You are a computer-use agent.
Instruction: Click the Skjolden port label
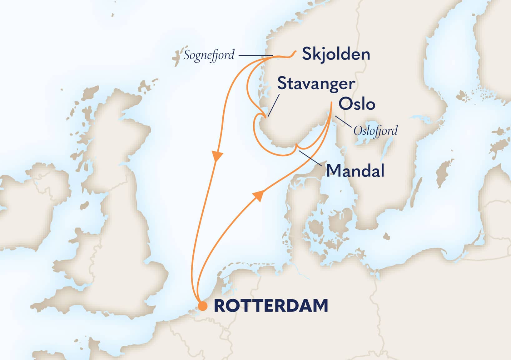[x=336, y=55]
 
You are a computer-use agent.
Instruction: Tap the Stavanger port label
[x=316, y=84]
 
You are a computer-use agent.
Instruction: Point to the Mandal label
[x=355, y=171]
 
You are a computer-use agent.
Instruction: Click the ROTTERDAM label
[x=271, y=306]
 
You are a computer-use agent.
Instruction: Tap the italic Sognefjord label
[x=209, y=56]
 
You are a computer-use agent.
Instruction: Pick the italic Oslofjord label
[x=375, y=130]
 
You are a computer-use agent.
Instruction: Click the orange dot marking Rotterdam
[x=203, y=306]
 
